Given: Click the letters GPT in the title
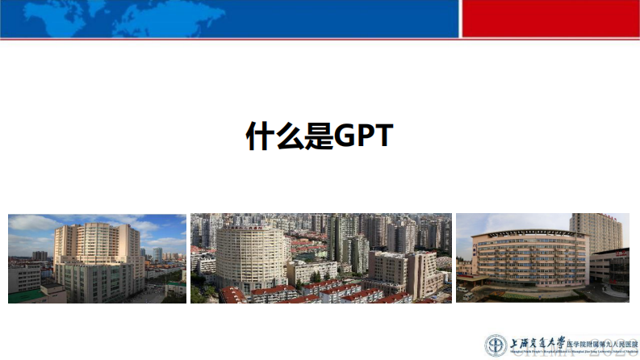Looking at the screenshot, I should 363,136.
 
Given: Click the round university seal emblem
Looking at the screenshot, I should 496,345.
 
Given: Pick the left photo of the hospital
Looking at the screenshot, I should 97,258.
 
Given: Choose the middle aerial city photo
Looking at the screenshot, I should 320,258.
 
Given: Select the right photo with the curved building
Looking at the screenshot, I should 542,258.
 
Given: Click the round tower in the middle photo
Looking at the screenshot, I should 252,258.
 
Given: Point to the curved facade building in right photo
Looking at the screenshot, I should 529,258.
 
